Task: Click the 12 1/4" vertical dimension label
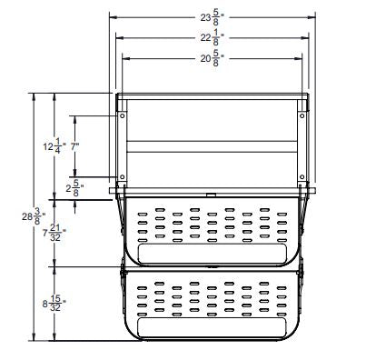click(x=53, y=145)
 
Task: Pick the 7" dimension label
click(x=75, y=145)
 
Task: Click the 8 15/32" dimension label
click(x=53, y=302)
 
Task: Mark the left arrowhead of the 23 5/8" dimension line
click(x=112, y=15)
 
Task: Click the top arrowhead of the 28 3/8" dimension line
click(x=34, y=95)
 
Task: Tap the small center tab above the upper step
click(x=210, y=194)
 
